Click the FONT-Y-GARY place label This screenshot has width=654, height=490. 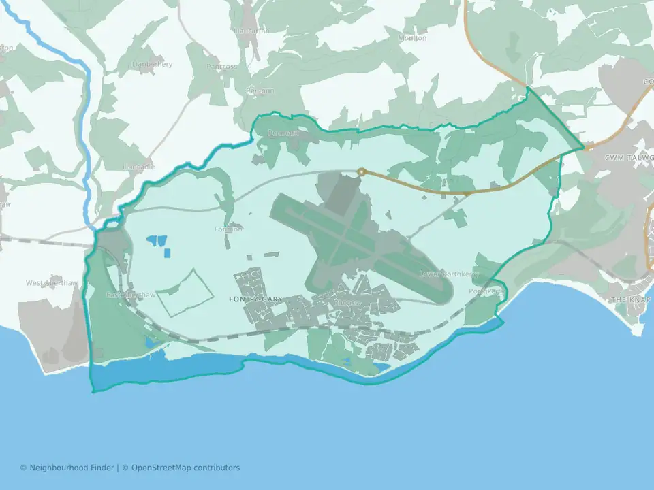click(x=256, y=299)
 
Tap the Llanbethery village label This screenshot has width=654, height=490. click(x=153, y=65)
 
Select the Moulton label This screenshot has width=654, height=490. click(x=412, y=38)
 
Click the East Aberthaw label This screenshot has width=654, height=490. click(x=131, y=295)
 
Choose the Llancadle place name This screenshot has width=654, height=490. click(x=138, y=167)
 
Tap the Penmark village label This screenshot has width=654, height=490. click(x=282, y=133)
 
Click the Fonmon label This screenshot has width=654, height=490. click(x=228, y=229)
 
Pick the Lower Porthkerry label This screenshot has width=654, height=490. click(x=450, y=274)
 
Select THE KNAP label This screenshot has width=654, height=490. click(x=630, y=300)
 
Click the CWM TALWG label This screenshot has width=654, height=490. click(x=628, y=158)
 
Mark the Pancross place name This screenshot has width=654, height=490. click(x=223, y=67)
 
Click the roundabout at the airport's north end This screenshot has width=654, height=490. click(x=362, y=172)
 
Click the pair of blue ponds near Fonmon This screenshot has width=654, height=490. click(x=157, y=240)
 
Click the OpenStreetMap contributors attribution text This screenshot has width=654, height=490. click(x=185, y=468)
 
